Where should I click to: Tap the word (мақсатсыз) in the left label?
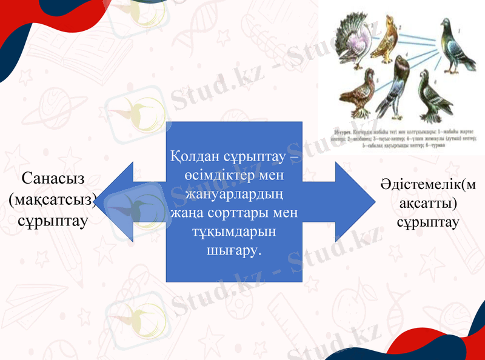tap(53, 199)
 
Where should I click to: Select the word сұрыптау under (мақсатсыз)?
tap(53, 220)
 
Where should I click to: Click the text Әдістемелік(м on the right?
tap(428, 184)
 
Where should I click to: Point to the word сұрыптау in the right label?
tap(428, 222)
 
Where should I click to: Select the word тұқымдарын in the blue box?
tap(233, 232)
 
